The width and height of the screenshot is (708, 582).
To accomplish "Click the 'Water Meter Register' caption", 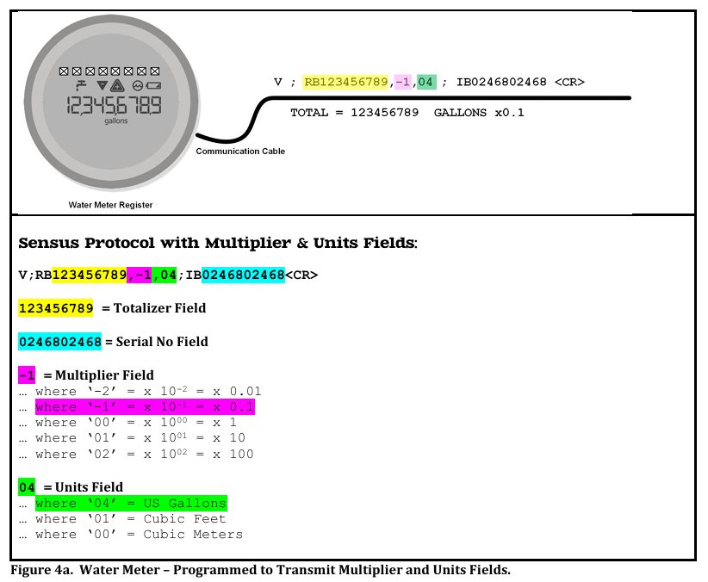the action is pos(110,205).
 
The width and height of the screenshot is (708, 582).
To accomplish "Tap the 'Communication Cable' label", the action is pos(240,152).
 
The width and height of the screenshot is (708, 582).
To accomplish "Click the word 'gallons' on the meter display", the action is pos(116,121).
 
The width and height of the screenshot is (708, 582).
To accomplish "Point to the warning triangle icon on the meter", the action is pos(117,85).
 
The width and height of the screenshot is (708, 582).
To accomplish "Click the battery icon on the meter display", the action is pos(153,85).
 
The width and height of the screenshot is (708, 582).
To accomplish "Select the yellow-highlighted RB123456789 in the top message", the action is pos(345,82).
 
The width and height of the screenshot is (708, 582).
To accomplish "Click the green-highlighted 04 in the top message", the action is pos(426,82).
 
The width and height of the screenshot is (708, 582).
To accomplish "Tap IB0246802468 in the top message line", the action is pos(501,82).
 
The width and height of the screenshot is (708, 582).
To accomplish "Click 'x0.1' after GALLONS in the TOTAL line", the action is pos(509,113).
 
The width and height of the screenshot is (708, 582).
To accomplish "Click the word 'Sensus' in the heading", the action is pos(48,243).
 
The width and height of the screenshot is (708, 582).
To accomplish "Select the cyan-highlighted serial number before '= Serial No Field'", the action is pos(60,342).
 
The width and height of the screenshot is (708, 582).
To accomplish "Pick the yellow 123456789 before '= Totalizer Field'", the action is pos(55,308).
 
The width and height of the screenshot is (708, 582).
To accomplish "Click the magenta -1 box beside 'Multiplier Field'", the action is pos(27,375).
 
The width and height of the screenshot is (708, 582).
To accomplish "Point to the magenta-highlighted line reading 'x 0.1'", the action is pos(145,407).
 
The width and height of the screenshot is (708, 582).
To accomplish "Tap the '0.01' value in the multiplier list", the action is pos(245,391).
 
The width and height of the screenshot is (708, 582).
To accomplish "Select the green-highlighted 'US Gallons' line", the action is pos(131,503).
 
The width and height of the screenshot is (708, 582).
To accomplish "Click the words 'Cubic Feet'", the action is pos(184,519).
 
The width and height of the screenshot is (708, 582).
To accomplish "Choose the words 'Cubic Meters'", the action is pos(193,534).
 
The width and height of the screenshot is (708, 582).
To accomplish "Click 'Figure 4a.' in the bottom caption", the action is pos(41,570).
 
